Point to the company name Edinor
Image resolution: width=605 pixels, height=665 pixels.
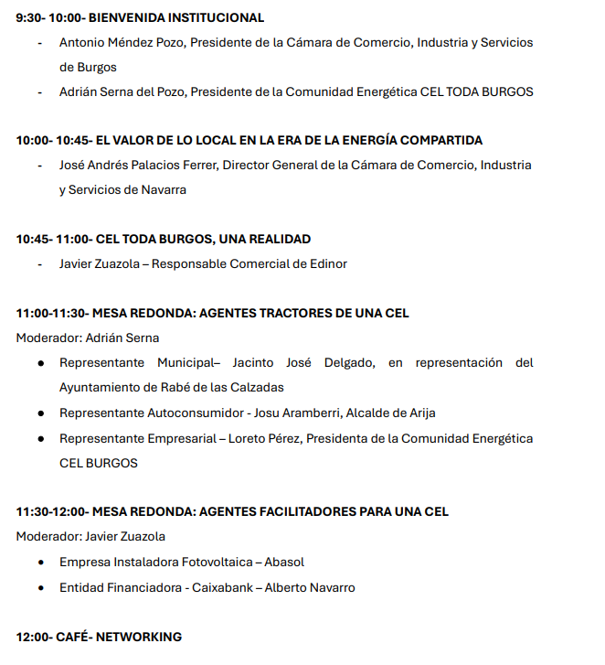pyautogui.click(x=328, y=263)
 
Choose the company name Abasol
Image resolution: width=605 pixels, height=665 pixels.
pyautogui.click(x=284, y=562)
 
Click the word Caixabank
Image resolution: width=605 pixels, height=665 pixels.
pyautogui.click(x=222, y=587)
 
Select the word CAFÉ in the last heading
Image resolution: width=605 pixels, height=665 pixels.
pyautogui.click(x=70, y=637)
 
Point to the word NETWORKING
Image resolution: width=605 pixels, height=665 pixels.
pyautogui.click(x=139, y=637)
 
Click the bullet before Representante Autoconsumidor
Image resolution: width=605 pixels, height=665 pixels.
pyautogui.click(x=42, y=413)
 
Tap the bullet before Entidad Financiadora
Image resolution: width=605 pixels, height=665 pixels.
pyautogui.click(x=42, y=587)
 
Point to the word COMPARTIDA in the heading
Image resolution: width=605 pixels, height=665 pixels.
pyautogui.click(x=443, y=140)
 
